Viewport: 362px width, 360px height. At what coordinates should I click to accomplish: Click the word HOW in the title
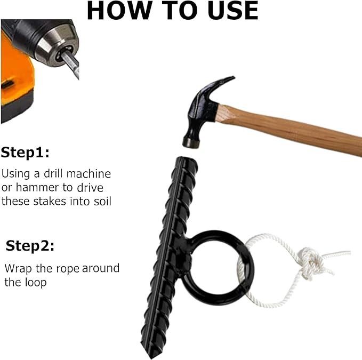(x=119, y=10)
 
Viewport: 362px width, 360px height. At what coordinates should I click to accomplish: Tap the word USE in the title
(x=232, y=11)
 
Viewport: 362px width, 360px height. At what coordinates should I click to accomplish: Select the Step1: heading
(x=25, y=153)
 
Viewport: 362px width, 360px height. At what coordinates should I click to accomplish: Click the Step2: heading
(x=30, y=246)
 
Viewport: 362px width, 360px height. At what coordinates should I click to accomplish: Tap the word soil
(x=102, y=201)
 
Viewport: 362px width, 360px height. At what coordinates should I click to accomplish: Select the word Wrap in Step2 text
(x=18, y=269)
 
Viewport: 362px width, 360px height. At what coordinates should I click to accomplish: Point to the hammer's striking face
(x=191, y=143)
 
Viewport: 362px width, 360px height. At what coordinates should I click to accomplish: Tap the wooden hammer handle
(x=288, y=129)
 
